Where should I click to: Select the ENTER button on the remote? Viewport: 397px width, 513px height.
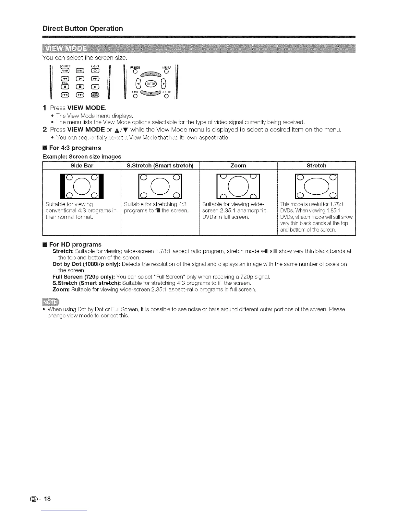(x=150, y=84)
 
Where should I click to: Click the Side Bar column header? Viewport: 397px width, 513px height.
(x=82, y=166)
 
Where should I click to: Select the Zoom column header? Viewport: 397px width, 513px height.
(x=238, y=166)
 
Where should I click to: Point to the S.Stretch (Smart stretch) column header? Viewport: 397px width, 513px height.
(x=160, y=166)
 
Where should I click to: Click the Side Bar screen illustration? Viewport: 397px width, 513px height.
(x=82, y=186)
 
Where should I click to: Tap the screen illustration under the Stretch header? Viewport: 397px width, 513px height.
(x=317, y=186)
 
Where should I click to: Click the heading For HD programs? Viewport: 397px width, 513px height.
(x=75, y=245)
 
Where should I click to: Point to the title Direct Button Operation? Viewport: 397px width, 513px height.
(x=83, y=28)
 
